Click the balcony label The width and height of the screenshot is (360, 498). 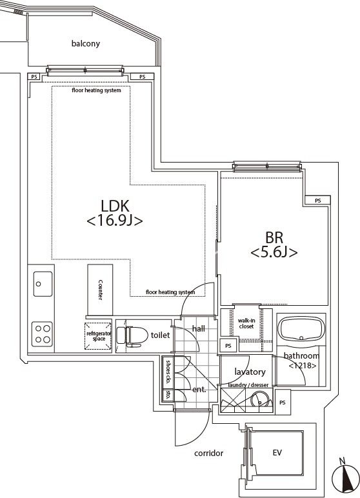coord(86,44)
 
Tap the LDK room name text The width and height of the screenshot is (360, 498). coord(115,206)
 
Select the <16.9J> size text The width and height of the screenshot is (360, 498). coord(114,221)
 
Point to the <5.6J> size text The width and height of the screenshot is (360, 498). coord(274,253)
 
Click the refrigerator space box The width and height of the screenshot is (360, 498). coord(99,335)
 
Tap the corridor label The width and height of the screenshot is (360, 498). coord(208,453)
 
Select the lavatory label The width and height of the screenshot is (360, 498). coord(250,372)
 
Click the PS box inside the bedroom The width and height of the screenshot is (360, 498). coord(317,201)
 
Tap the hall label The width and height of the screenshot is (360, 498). coord(198,328)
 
